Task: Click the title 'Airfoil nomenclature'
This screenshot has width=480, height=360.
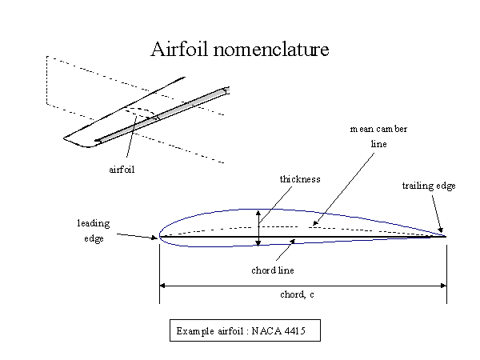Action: click(240, 50)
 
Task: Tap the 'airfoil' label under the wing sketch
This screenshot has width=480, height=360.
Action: click(121, 170)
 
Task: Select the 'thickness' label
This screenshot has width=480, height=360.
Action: click(300, 179)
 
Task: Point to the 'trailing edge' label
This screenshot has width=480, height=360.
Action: click(428, 186)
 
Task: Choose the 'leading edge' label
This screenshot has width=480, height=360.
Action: click(93, 230)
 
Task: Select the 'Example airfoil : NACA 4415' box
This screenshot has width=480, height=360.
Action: click(245, 330)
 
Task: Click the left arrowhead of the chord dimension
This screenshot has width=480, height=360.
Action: click(163, 284)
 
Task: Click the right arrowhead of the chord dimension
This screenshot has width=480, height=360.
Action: click(442, 284)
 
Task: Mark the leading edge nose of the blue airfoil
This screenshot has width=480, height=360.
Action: click(160, 236)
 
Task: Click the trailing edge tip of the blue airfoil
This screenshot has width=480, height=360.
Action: click(445, 236)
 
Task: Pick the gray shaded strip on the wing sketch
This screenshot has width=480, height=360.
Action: click(160, 114)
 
